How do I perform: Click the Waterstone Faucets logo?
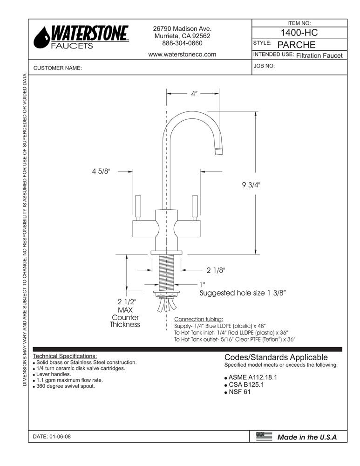(82, 37)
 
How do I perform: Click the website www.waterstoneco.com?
(182, 54)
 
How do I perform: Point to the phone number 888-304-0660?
(182, 43)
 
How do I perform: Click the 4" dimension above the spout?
(194, 94)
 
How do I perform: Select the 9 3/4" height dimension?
(251, 185)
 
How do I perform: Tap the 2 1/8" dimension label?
(216, 270)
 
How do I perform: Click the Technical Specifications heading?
(65, 356)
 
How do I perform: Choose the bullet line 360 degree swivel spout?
(65, 386)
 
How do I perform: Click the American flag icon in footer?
(264, 437)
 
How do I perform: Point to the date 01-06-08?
(52, 437)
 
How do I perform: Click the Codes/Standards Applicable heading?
(276, 357)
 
